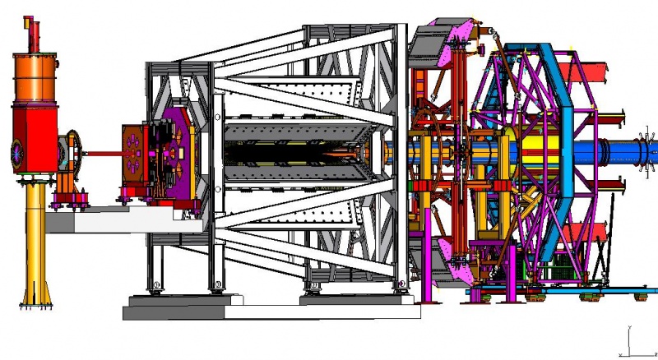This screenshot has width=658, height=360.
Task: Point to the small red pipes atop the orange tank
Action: click(x=35, y=33)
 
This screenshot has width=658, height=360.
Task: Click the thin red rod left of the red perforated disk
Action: click(x=102, y=153)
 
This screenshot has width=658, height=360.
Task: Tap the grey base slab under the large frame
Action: click(x=271, y=309)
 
